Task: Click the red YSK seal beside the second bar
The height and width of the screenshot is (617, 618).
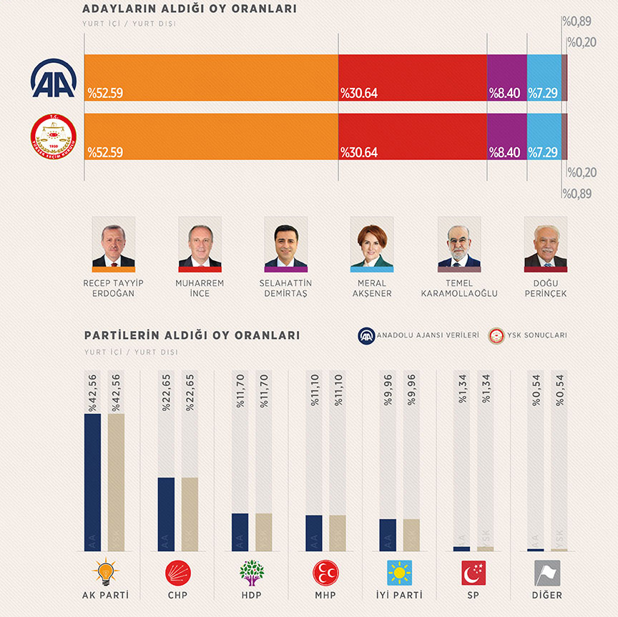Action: pos(54,137)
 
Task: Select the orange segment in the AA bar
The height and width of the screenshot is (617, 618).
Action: pos(211,78)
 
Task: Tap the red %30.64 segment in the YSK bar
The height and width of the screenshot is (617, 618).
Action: pos(412,137)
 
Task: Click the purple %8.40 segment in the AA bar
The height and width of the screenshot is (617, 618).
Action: pos(506,78)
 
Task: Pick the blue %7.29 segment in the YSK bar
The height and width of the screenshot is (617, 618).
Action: pos(544,137)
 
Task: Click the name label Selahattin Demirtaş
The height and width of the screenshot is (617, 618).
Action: pos(285,288)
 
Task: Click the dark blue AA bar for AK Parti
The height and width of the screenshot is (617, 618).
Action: pos(92,482)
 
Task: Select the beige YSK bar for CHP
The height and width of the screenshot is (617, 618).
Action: pos(190,513)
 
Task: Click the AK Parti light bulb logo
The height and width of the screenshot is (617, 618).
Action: pos(105,572)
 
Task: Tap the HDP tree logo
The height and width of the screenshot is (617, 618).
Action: pos(251,572)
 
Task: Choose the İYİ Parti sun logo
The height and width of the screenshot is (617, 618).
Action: pos(399,572)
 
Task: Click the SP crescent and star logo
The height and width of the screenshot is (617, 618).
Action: pos(474,572)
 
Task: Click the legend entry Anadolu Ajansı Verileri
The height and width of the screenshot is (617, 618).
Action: pos(419,335)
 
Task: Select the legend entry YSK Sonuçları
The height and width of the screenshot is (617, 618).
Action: pos(528,335)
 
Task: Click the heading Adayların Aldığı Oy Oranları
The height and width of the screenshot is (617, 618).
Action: pos(190,9)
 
